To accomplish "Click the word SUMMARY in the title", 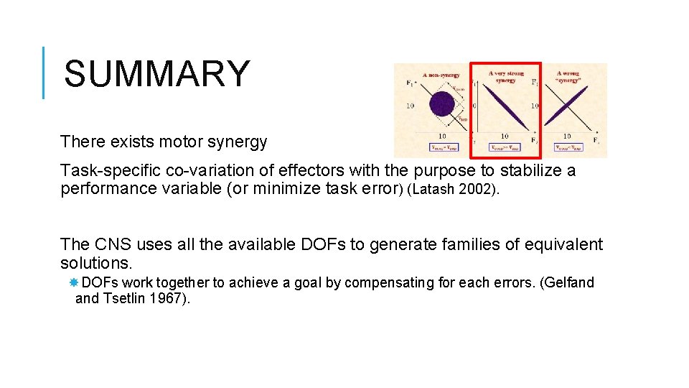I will (156, 74).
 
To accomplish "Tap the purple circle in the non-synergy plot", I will (442, 104).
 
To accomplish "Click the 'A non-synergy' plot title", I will (441, 75).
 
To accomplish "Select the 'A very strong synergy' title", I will (506, 76).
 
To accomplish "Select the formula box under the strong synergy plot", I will (505, 147).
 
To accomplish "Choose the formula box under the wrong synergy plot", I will (568, 147).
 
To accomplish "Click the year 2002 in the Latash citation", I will (475, 190).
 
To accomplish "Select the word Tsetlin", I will (125, 298).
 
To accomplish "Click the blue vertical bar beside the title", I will (44, 73).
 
